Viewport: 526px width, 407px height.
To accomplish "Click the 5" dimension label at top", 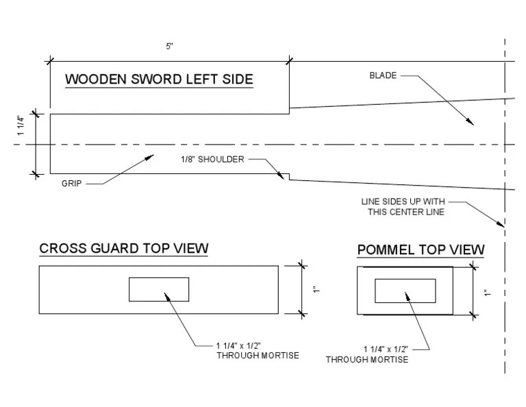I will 169,46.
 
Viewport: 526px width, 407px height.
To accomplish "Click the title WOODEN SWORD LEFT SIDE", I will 159,79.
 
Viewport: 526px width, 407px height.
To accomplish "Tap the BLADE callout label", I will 383,75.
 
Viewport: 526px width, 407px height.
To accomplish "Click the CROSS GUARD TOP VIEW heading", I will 124,248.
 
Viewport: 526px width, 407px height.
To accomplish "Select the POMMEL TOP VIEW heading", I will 421,250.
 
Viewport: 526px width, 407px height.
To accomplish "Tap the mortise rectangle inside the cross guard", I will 159,289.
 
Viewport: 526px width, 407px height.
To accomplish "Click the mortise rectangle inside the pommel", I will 405,291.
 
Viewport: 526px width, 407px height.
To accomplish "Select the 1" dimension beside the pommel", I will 485,293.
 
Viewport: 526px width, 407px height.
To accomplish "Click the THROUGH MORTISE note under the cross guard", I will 258,350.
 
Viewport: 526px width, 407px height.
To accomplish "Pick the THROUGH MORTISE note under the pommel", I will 367,354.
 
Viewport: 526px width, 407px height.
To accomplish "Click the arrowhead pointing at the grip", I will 151,157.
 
